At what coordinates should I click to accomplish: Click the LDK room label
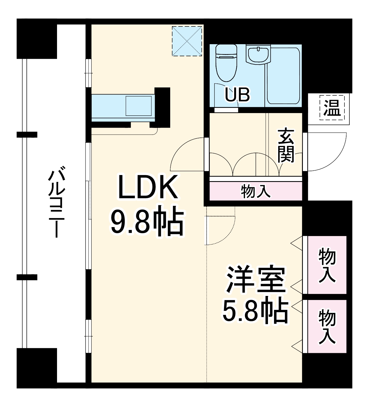(148, 188)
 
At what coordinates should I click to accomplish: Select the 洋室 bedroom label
(255, 280)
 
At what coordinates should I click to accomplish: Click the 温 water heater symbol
(332, 107)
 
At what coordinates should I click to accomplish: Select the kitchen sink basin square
(138, 106)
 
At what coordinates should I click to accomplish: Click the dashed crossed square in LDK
(187, 41)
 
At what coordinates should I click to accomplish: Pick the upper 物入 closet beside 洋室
(327, 265)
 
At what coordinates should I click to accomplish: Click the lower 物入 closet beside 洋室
(327, 326)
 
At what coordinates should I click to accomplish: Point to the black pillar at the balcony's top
(36, 39)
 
